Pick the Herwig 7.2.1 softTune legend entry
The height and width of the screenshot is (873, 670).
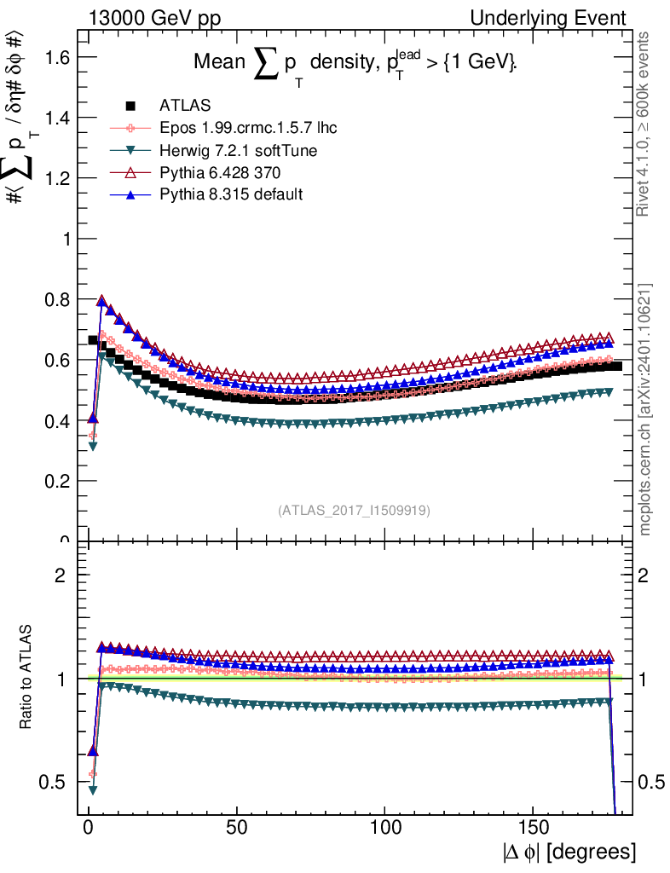(239, 151)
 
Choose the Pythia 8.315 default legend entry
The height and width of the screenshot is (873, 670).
(231, 195)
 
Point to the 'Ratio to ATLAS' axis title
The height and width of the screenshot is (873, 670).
(28, 678)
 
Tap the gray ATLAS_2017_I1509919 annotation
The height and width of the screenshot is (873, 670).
(354, 511)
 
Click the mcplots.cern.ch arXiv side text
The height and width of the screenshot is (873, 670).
(647, 408)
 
